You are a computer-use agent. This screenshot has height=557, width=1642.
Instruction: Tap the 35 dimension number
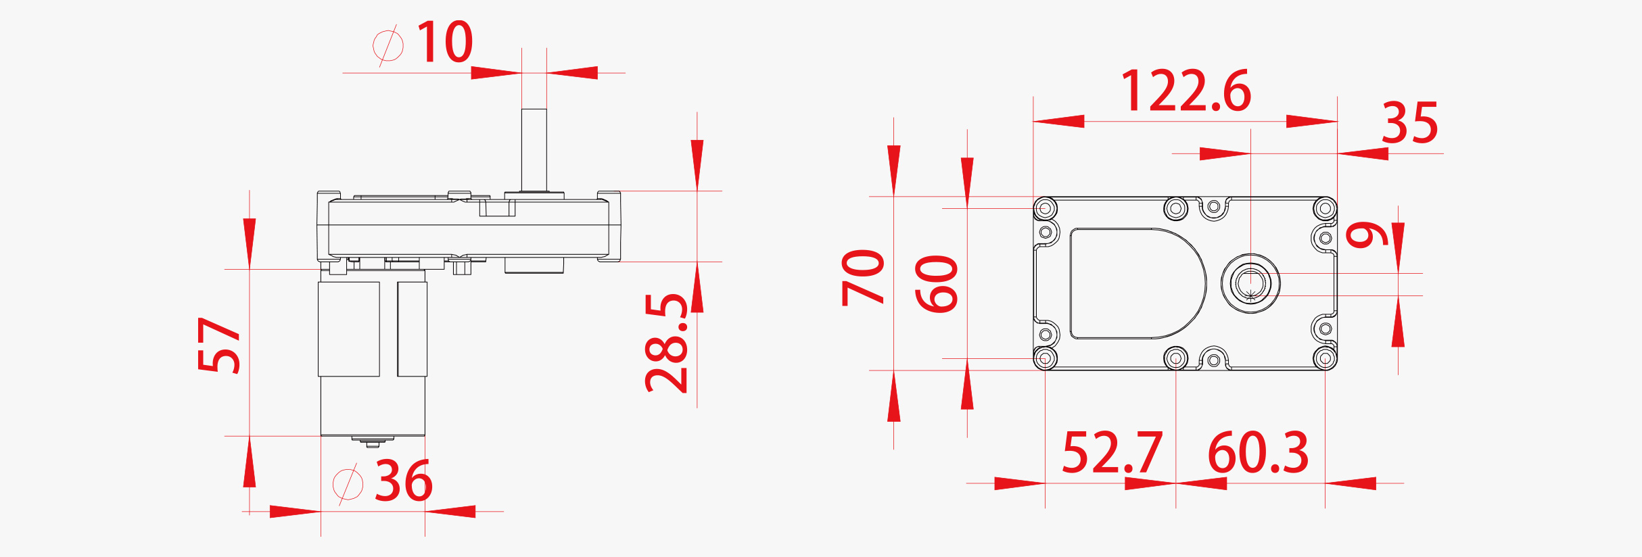[x=1409, y=123]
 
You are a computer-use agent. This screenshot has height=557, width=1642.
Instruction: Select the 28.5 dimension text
[x=667, y=343]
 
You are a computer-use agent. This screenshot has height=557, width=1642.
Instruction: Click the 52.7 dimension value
[x=1112, y=453]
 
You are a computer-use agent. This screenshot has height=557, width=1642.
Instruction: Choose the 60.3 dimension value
[x=1258, y=453]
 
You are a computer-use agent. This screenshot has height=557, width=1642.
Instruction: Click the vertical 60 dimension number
[x=937, y=284]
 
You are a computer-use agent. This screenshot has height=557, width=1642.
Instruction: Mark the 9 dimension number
[x=1366, y=235]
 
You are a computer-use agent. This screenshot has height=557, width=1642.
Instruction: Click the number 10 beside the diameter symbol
[x=444, y=42]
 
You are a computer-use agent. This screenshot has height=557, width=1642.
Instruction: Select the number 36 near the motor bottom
[x=403, y=481]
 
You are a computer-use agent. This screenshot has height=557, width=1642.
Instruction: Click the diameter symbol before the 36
[x=348, y=484]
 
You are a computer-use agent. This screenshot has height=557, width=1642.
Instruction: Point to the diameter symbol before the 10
[x=388, y=45]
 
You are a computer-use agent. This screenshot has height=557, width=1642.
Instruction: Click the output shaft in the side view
[x=534, y=149]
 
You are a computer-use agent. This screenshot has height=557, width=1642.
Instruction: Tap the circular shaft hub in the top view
[x=1250, y=283]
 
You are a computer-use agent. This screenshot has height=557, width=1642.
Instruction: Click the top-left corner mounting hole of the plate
[x=1046, y=208]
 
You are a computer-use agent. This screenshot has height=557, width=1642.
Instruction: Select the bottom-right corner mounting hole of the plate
[x=1325, y=358]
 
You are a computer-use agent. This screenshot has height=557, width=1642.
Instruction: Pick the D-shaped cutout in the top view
[x=1136, y=283]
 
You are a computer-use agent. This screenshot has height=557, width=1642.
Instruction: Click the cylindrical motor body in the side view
[x=372, y=358]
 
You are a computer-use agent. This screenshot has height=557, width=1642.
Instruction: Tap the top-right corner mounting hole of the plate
[x=1325, y=208]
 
